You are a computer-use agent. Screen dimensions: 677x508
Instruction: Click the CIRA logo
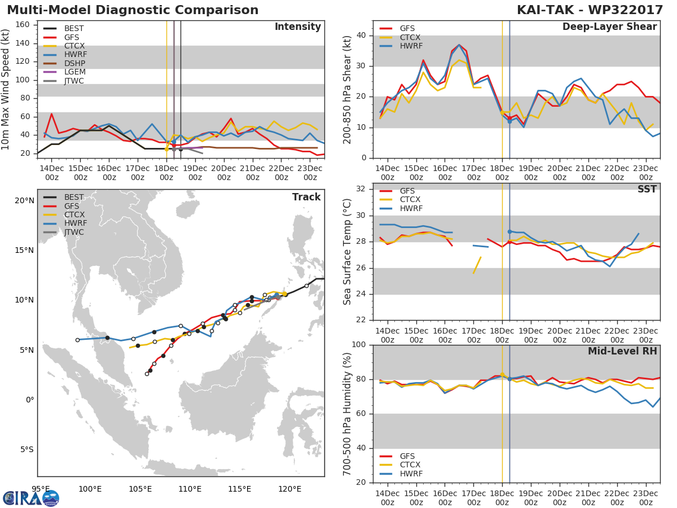(31, 498)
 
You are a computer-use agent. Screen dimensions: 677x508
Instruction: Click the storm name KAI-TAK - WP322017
(590, 10)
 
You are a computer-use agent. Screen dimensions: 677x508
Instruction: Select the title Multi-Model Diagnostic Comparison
(133, 10)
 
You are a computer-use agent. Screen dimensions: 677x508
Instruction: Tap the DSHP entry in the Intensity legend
(74, 63)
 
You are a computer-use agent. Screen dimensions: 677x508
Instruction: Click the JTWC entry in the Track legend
(74, 232)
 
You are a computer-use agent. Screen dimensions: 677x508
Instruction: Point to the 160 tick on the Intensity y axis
(22, 25)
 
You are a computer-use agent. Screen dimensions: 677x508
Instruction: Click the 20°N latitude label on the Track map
(24, 201)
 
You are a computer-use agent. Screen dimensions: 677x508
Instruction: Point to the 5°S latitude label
(27, 450)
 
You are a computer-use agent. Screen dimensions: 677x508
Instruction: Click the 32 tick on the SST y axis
(361, 189)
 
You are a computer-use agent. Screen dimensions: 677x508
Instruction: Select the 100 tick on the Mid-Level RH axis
(358, 345)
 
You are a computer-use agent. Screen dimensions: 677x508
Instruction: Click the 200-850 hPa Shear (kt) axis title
(347, 90)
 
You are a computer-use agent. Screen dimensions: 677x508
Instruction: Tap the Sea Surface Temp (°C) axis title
(347, 252)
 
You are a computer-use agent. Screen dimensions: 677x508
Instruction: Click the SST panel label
(647, 189)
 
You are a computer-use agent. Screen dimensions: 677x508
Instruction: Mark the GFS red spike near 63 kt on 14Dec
(51, 114)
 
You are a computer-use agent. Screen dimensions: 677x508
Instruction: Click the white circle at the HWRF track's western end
(77, 340)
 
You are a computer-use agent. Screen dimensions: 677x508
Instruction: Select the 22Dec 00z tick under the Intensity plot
(282, 173)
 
